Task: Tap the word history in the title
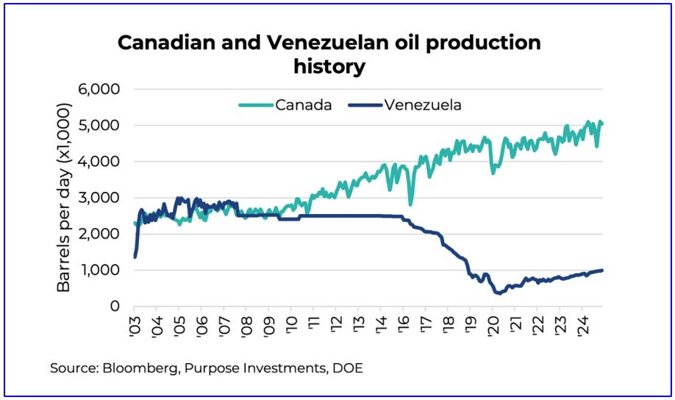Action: coord(329,67)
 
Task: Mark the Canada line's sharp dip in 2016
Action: coord(410,204)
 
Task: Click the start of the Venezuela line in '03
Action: coord(135,257)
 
